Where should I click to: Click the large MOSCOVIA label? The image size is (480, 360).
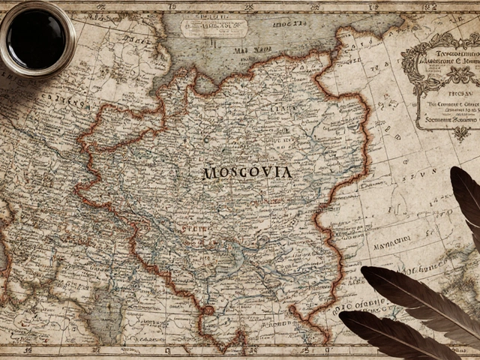click(x=247, y=172)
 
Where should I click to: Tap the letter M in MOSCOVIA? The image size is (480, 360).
click(x=209, y=173)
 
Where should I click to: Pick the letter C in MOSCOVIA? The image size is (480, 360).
click(x=244, y=172)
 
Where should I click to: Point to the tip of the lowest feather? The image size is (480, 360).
click(x=342, y=316)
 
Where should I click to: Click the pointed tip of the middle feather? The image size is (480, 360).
click(x=363, y=268)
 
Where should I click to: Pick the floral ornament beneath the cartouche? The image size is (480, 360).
click(x=459, y=133)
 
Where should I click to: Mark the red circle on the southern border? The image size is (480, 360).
click(x=208, y=309)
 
